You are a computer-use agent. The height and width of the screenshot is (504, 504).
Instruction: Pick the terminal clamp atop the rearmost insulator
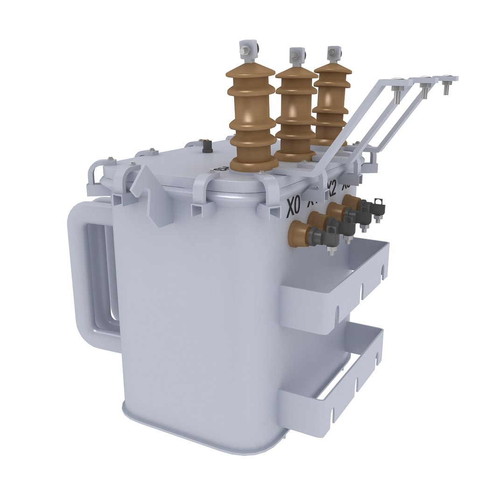pyautogui.click(x=334, y=52)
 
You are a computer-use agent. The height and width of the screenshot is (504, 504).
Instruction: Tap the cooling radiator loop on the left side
pyautogui.click(x=93, y=275)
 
